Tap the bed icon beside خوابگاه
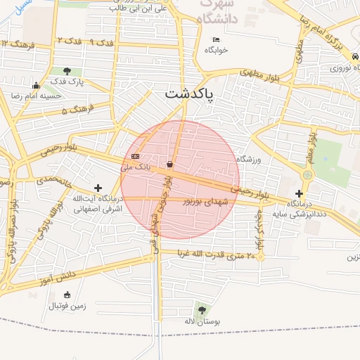pyautogui.click(x=215, y=39)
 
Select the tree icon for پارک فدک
pyautogui.click(x=67, y=70)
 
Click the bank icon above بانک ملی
pyautogui.click(x=135, y=156)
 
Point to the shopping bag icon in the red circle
pyautogui.click(x=169, y=165)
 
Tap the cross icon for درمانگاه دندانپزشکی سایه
pyautogui.click(x=300, y=193)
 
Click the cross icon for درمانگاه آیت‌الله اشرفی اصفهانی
pyautogui.click(x=97, y=188)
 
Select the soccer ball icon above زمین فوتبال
pyautogui.click(x=67, y=295)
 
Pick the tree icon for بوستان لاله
pyautogui.click(x=202, y=309)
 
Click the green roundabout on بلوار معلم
pyautogui.click(x=307, y=174)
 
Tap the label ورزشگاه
pyautogui.click(x=249, y=160)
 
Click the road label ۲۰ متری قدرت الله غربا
pyautogui.click(x=220, y=254)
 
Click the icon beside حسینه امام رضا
pyautogui.click(x=36, y=86)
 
